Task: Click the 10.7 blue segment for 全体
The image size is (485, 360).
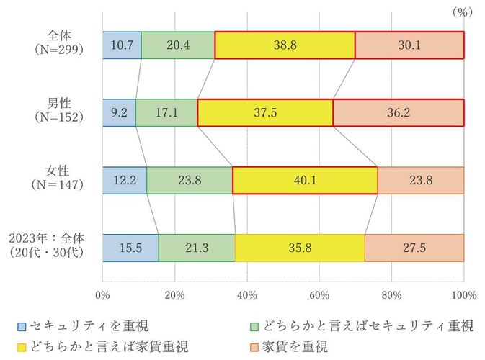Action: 122,45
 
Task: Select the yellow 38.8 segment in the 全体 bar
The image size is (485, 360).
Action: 285,45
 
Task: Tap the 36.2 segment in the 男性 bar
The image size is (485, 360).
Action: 399,113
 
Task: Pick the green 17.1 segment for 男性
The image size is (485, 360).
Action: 166,113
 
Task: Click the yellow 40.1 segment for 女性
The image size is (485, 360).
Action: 305,181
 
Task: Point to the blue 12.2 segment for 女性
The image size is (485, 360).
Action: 125,181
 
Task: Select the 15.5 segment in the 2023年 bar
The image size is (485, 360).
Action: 130,248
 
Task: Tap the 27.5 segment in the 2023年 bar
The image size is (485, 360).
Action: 414,248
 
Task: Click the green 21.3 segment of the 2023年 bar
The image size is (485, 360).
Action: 197,248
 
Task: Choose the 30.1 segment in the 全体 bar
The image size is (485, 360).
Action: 409,45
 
